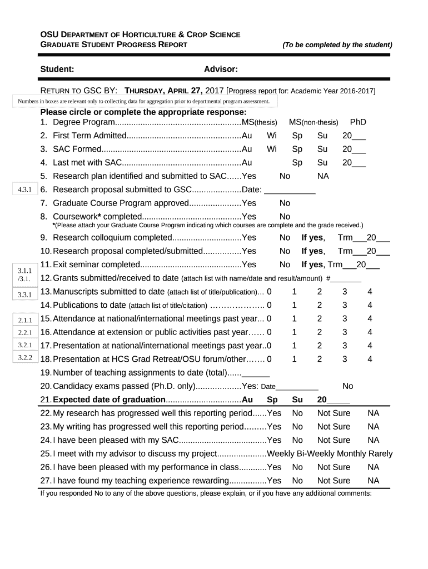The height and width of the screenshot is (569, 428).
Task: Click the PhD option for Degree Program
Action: coord(357,122)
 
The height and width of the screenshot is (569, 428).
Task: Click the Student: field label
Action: coord(57,69)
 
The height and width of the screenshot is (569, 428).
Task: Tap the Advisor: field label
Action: coord(221,69)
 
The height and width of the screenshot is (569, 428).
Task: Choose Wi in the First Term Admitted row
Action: coord(272,136)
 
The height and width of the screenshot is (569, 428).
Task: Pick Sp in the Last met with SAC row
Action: coord(297,163)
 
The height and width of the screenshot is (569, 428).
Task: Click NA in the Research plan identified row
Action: coord(323,176)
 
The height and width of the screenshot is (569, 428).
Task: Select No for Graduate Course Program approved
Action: coord(285,203)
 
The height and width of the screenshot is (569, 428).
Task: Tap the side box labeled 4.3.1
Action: coord(24,190)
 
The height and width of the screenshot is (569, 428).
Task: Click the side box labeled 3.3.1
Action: coord(24,294)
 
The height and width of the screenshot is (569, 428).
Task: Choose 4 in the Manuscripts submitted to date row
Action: coord(370,292)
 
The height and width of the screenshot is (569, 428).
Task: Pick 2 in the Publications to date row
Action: coord(320,305)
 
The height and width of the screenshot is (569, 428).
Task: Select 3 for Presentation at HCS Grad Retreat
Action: coord(345,359)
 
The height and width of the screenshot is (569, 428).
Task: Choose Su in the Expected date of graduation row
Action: coord(297,400)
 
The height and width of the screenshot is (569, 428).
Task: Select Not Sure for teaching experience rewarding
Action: coord(334,481)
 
